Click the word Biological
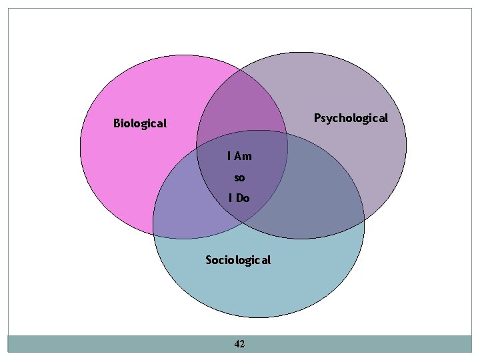point(140,123)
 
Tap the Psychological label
point(351,118)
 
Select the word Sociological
point(238,260)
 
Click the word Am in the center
point(243,156)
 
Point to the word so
point(239,177)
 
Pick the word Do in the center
point(243,198)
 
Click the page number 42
point(240,344)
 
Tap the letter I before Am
point(229,156)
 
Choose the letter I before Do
point(230,198)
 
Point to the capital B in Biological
point(117,123)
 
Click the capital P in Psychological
point(317,118)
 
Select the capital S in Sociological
point(209,260)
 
